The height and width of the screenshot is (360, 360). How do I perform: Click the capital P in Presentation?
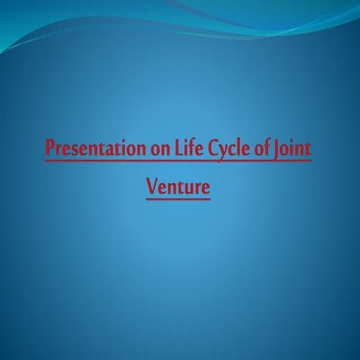pyautogui.click(x=50, y=146)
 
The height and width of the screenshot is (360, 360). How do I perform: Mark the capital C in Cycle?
pyautogui.click(x=205, y=146)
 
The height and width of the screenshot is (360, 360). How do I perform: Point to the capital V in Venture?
pyautogui.click(x=152, y=184)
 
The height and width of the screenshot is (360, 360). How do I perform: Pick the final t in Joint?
pyautogui.click(x=307, y=147)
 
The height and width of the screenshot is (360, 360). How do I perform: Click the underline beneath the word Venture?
pyautogui.click(x=178, y=199)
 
